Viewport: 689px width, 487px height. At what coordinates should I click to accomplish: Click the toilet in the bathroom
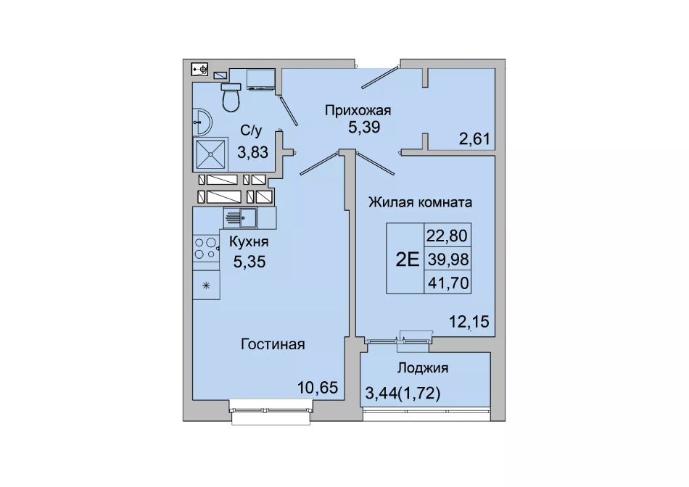pos(231,97)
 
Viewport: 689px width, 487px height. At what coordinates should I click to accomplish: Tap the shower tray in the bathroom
pos(210,154)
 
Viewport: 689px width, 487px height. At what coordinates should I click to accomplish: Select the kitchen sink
pos(240,218)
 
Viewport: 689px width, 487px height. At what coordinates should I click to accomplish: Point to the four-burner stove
pos(206,248)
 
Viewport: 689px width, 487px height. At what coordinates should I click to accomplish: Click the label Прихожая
pos(358,111)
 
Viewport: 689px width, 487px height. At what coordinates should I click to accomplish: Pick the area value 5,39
pos(364,128)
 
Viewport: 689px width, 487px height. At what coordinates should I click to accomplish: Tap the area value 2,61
pos(474,139)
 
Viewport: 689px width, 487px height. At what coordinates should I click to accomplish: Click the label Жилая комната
pos(420,202)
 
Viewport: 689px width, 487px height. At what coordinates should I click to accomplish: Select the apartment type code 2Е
pos(408,259)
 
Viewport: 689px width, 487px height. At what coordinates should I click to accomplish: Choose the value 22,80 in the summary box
pos(447,236)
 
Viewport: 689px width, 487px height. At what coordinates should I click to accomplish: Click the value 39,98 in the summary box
pos(447,259)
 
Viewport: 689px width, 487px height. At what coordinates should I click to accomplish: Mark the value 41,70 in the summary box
pos(447,283)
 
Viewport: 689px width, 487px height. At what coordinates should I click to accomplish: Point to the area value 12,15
pos(469,322)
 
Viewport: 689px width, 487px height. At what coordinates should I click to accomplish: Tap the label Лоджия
pos(423,368)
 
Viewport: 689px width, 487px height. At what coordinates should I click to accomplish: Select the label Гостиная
pos(273,344)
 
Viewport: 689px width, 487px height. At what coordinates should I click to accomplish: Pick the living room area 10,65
pos(318,388)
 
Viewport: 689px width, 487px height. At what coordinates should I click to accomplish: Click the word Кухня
pos(249,242)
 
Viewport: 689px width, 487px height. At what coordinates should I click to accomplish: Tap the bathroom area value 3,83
pos(252,152)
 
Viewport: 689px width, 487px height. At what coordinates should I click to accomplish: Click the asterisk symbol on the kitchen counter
pos(206,286)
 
